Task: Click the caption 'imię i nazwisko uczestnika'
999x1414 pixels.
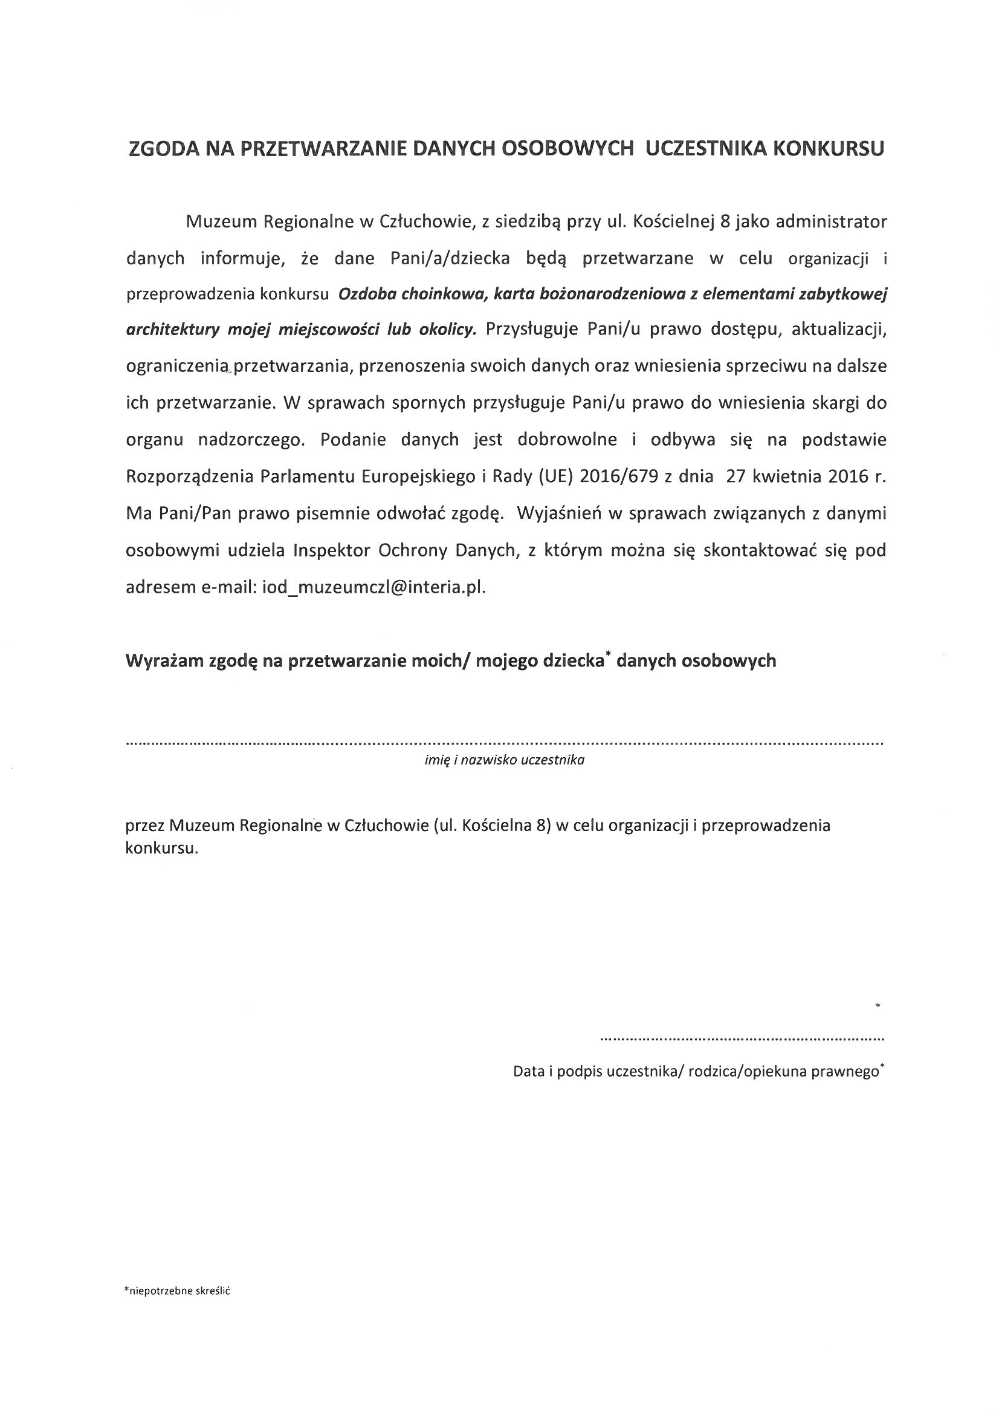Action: pyautogui.click(x=504, y=760)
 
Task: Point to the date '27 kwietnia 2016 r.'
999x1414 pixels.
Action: pyautogui.click(x=806, y=477)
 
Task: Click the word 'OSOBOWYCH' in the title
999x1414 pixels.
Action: pyautogui.click(x=567, y=149)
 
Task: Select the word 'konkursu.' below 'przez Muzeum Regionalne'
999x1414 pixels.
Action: pyautogui.click(x=162, y=848)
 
